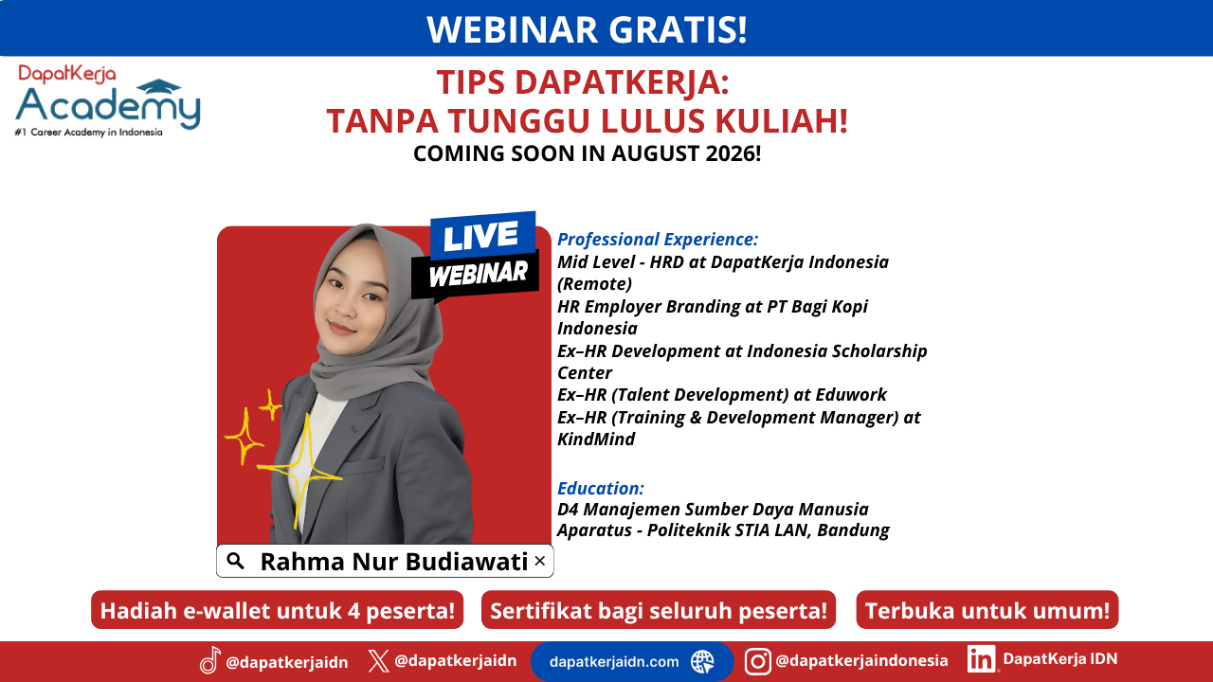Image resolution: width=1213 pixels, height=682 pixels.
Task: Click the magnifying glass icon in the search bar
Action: coord(235,561)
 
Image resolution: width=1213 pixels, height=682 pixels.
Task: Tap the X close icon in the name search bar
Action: coord(539,561)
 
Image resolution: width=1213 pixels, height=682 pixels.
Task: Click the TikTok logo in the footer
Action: coord(210,660)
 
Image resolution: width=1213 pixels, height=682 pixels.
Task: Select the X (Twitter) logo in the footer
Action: coord(378,661)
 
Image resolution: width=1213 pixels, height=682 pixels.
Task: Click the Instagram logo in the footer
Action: coord(757,661)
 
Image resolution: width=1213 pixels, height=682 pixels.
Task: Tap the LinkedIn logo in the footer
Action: coord(981,658)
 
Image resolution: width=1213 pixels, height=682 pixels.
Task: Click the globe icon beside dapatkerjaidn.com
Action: coord(702,661)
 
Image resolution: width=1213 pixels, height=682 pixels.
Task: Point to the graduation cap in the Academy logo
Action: coord(158,86)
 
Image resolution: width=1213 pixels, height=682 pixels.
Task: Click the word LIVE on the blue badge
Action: coord(480,236)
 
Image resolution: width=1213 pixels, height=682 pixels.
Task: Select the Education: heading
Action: coord(601,488)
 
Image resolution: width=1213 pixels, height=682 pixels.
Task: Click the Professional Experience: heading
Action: coord(658,240)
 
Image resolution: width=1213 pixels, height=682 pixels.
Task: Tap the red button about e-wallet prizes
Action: coord(278,610)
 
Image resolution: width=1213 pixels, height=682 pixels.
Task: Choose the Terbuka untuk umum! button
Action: coord(987,610)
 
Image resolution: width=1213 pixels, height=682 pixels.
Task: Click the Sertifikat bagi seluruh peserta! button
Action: coord(659,610)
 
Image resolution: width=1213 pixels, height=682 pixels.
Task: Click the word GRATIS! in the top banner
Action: coord(678,29)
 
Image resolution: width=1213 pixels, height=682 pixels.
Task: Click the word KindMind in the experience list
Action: coord(596,439)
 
